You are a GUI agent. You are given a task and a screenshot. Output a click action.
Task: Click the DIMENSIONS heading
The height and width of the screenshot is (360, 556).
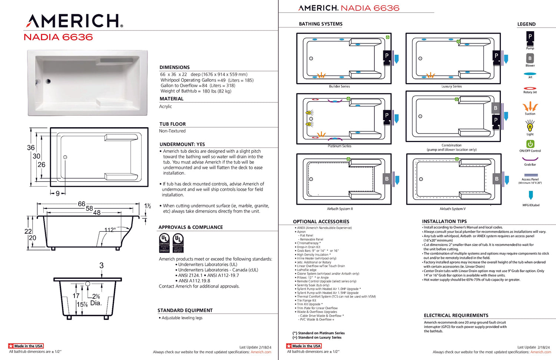175,67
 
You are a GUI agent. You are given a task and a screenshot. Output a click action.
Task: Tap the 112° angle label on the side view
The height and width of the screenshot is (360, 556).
110,230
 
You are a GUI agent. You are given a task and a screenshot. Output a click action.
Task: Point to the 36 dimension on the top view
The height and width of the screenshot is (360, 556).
31,148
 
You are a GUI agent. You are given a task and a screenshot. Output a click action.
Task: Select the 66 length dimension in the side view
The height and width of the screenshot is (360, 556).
82,204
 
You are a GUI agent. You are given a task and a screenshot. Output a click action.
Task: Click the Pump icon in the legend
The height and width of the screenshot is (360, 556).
530,37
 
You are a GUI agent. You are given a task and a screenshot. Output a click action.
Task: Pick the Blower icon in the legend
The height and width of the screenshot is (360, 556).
530,58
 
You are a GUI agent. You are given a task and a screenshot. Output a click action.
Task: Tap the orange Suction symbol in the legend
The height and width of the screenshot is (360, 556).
530,107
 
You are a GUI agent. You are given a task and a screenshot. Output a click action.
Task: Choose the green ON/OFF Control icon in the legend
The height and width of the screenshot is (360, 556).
530,144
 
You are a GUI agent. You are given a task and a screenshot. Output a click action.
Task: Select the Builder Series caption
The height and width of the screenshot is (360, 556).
340,86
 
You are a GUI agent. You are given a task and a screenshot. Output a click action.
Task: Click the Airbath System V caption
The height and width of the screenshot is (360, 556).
453,209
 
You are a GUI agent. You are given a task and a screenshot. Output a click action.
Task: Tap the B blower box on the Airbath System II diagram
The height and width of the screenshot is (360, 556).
387,179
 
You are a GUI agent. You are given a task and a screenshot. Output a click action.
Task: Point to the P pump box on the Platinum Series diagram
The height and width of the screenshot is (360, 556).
387,115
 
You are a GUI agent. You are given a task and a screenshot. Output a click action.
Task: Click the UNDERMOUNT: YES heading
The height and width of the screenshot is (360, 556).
182,144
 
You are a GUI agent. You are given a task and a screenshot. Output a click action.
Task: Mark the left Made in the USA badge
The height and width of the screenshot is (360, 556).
26,346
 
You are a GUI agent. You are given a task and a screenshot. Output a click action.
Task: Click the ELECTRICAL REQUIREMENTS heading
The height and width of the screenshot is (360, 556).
456,316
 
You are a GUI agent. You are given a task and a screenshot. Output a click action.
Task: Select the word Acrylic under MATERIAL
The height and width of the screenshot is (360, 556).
166,106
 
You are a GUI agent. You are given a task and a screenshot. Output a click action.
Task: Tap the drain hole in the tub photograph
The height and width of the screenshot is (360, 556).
48,81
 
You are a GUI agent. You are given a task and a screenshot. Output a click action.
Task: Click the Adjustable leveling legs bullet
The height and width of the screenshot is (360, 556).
182,318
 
